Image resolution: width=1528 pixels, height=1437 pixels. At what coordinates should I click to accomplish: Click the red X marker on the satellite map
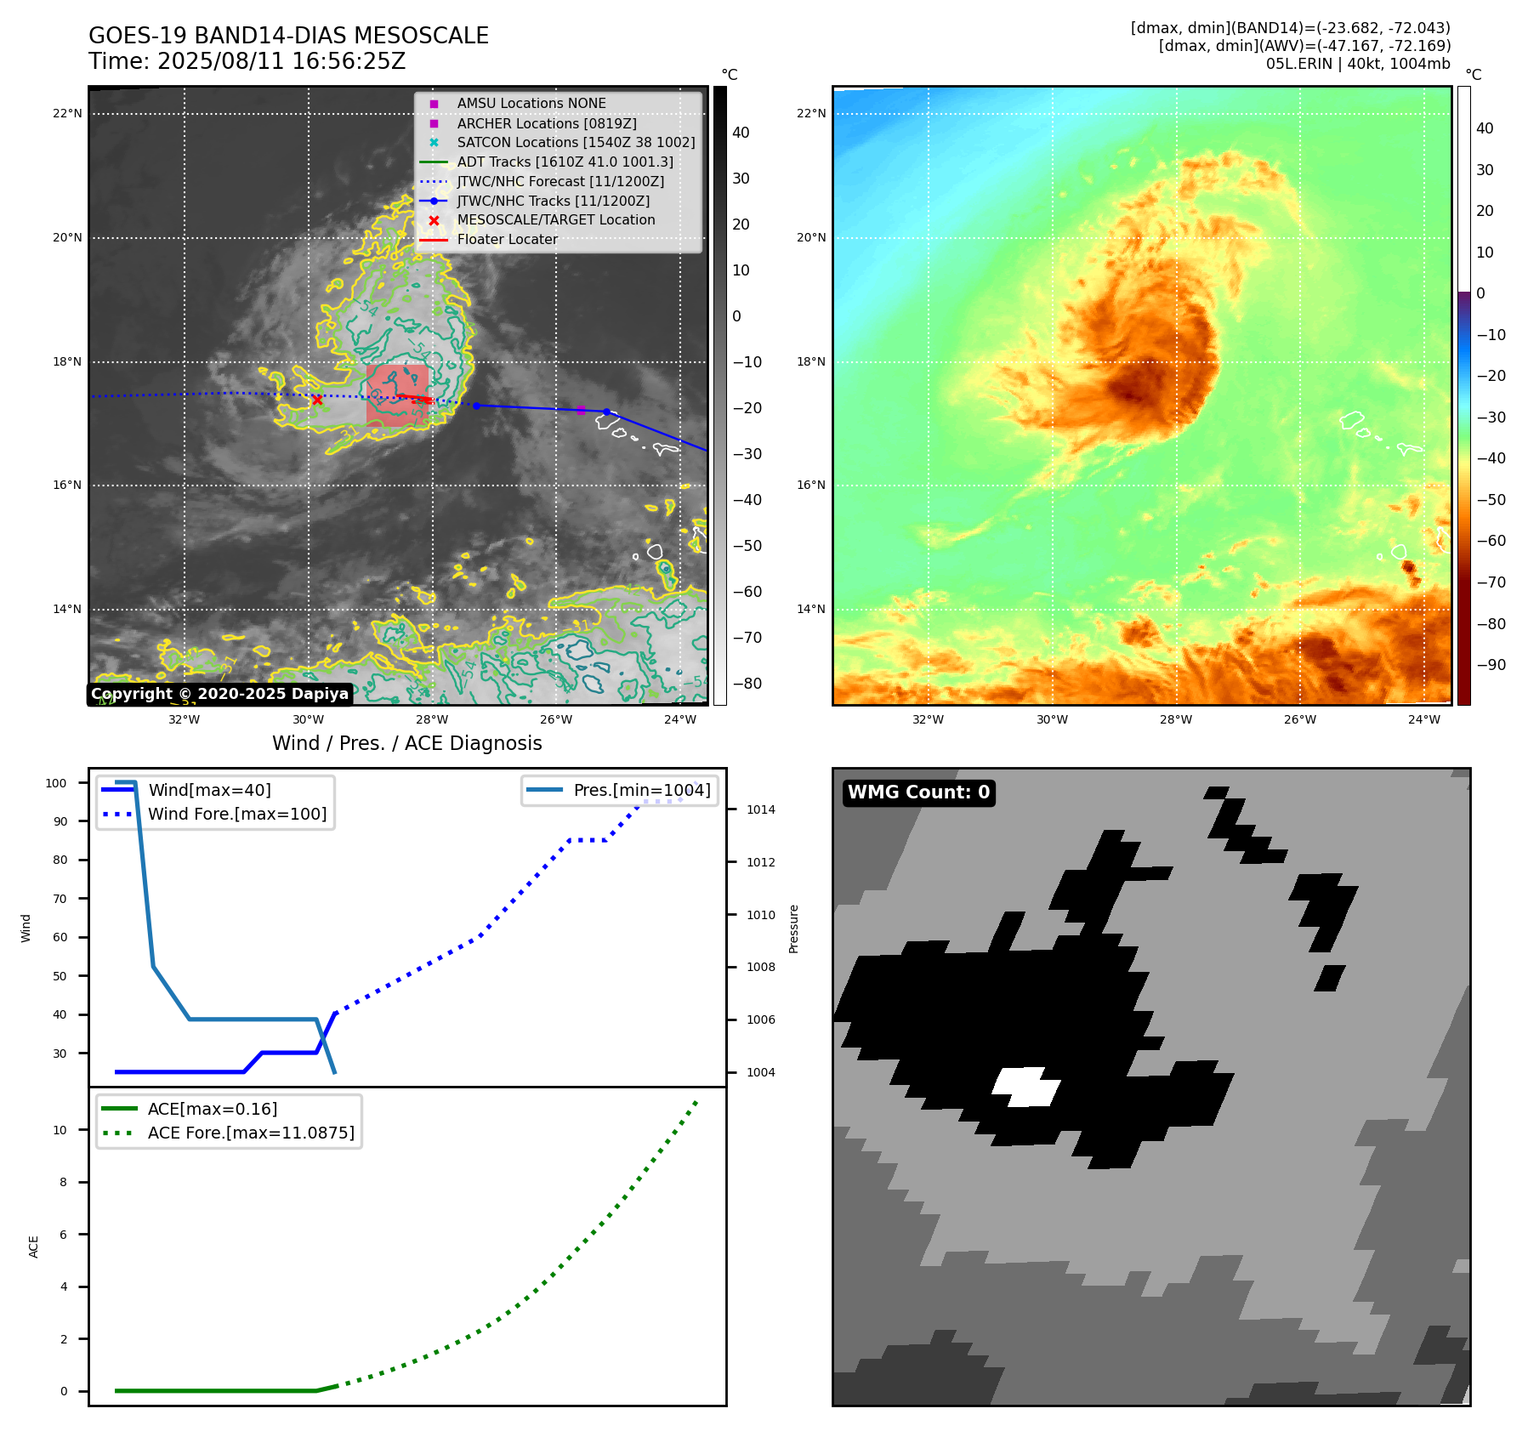click(316, 400)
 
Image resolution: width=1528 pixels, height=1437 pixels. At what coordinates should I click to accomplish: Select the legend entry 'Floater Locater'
click(507, 240)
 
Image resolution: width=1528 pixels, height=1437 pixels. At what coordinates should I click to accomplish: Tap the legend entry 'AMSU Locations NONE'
click(531, 104)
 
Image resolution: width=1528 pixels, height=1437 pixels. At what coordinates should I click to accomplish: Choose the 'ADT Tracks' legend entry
click(565, 162)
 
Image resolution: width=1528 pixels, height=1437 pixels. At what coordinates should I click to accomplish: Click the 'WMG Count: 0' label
click(918, 792)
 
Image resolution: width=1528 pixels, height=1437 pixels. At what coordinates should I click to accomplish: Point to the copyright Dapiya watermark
click(219, 694)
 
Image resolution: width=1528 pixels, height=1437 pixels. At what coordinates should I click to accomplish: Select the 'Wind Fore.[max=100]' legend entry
click(236, 814)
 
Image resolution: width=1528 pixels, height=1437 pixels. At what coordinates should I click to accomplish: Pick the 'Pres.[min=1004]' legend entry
click(641, 790)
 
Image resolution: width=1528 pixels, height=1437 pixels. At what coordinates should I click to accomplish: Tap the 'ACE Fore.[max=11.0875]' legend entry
click(251, 1133)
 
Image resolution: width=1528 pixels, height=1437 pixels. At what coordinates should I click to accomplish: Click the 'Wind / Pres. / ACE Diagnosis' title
click(406, 743)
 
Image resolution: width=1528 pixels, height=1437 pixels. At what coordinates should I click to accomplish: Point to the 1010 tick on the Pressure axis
click(761, 915)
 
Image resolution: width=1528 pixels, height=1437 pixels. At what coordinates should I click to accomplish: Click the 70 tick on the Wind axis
click(60, 899)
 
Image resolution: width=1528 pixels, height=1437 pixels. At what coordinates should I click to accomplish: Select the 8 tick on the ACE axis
click(63, 1182)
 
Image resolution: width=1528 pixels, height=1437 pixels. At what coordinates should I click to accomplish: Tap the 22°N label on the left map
click(68, 113)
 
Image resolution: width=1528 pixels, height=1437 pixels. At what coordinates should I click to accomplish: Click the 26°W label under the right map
click(1299, 719)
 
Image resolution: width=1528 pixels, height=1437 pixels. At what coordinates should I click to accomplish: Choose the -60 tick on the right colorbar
click(1491, 541)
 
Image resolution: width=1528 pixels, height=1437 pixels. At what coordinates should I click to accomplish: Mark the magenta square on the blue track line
click(581, 410)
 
